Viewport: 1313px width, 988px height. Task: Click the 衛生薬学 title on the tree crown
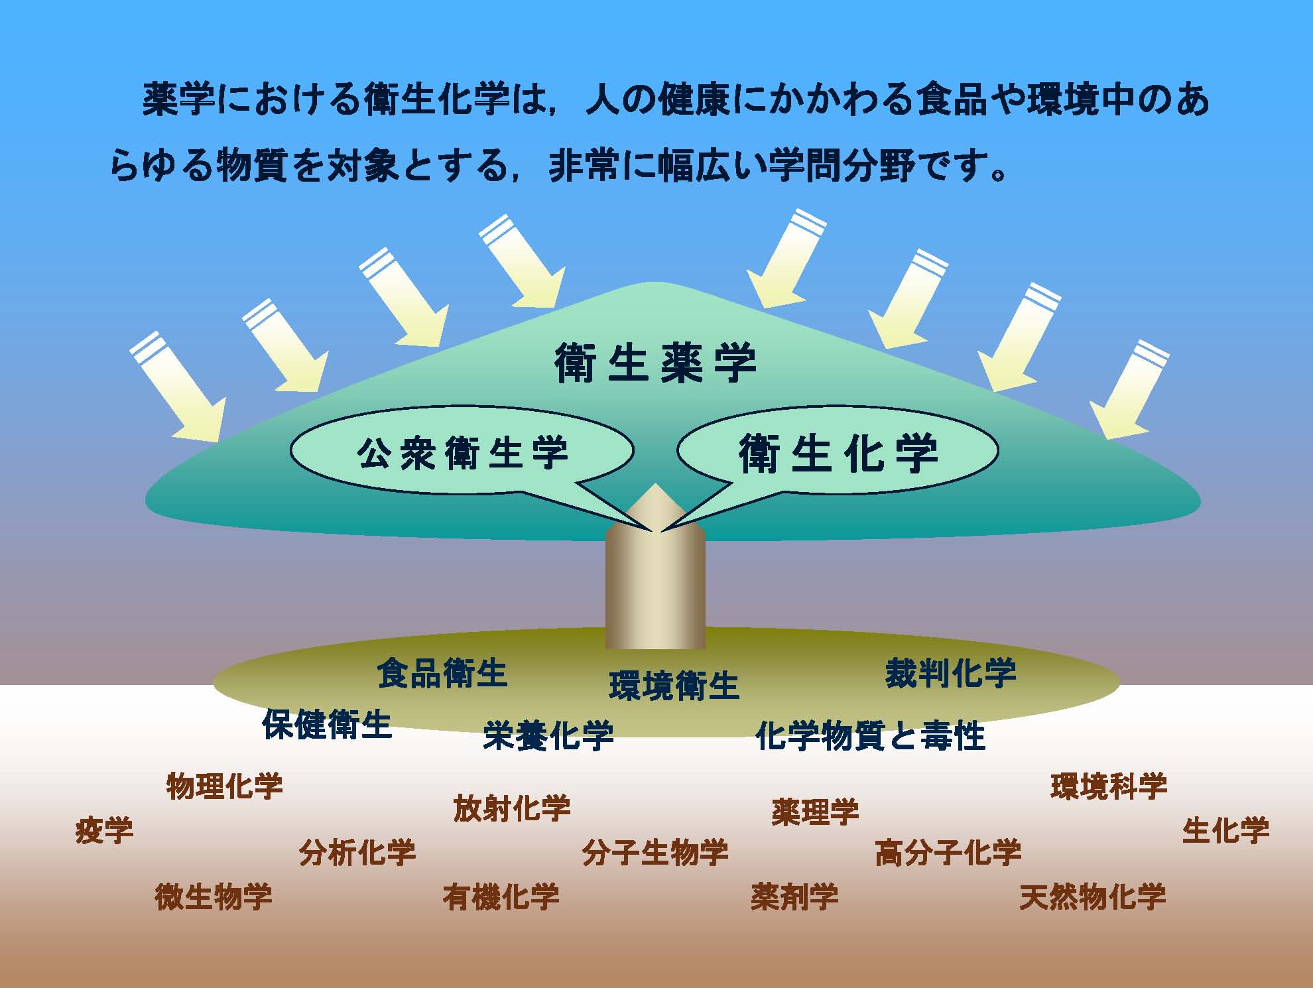pyautogui.click(x=655, y=363)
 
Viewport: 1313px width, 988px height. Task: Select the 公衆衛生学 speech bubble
pyautogui.click(x=462, y=452)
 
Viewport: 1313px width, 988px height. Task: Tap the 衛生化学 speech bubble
pyautogui.click(x=838, y=452)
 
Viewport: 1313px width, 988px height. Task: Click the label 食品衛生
pyautogui.click(x=442, y=673)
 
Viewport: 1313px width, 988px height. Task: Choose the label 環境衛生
pyautogui.click(x=674, y=686)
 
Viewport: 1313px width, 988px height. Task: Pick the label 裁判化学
pyautogui.click(x=950, y=672)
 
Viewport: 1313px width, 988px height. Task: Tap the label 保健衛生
pyautogui.click(x=327, y=723)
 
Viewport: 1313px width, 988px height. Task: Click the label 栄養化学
pyautogui.click(x=548, y=735)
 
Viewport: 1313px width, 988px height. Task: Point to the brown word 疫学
pyautogui.click(x=104, y=830)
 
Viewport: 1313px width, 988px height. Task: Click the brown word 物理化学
pyautogui.click(x=224, y=786)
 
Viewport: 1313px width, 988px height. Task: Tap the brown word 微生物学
pyautogui.click(x=214, y=896)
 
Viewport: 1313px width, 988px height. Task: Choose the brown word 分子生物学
pyautogui.click(x=655, y=852)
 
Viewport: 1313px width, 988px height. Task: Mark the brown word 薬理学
pyautogui.click(x=815, y=812)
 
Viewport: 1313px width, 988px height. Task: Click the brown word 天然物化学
pyautogui.click(x=1092, y=896)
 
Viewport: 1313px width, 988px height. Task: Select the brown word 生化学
pyautogui.click(x=1225, y=830)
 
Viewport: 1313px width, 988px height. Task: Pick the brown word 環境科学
pyautogui.click(x=1109, y=786)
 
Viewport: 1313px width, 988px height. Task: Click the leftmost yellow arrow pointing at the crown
pyautogui.click(x=178, y=387)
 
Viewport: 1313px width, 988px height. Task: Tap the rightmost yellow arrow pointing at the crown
pyautogui.click(x=1129, y=390)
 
